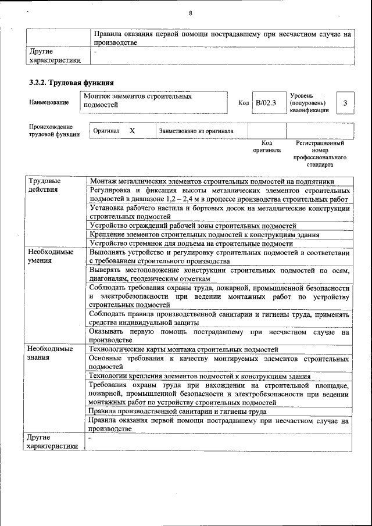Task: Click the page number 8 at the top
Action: (190, 14)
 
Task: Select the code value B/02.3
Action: (266, 103)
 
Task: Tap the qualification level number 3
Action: (345, 103)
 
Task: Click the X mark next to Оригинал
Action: (132, 131)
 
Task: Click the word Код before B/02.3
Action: (244, 103)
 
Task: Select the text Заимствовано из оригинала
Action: (196, 131)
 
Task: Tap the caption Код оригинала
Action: (267, 146)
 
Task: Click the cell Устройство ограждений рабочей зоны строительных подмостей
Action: (193, 226)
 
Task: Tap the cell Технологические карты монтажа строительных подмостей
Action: (184, 349)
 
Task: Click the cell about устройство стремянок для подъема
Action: (191, 244)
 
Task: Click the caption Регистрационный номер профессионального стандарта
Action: (320, 153)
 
